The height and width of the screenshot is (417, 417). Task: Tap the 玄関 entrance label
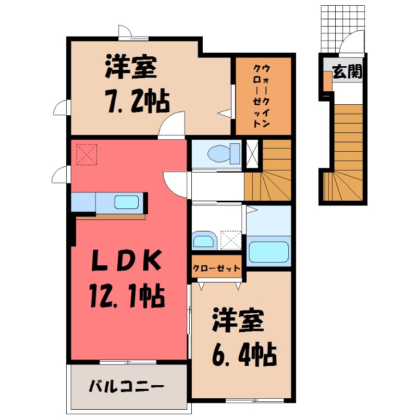347,72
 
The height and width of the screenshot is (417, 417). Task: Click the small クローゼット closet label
217,268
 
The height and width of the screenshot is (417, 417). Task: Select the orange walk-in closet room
263,95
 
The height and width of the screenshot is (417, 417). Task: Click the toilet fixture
222,153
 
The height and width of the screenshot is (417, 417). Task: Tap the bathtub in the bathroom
269,251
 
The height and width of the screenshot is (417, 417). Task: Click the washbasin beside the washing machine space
203,240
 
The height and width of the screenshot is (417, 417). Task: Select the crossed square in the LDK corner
87,154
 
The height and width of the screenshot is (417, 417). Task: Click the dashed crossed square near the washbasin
230,240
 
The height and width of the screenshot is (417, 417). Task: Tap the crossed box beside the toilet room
252,154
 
